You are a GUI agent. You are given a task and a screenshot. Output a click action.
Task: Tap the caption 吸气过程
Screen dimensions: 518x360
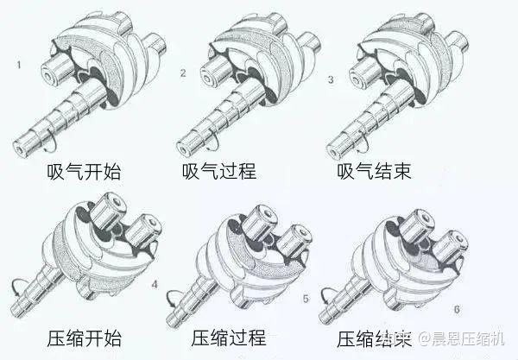pos(219,171)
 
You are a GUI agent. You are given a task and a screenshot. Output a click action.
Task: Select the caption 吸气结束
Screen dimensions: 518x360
pos(375,171)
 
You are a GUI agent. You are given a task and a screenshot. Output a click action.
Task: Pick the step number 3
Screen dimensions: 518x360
pos(330,79)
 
